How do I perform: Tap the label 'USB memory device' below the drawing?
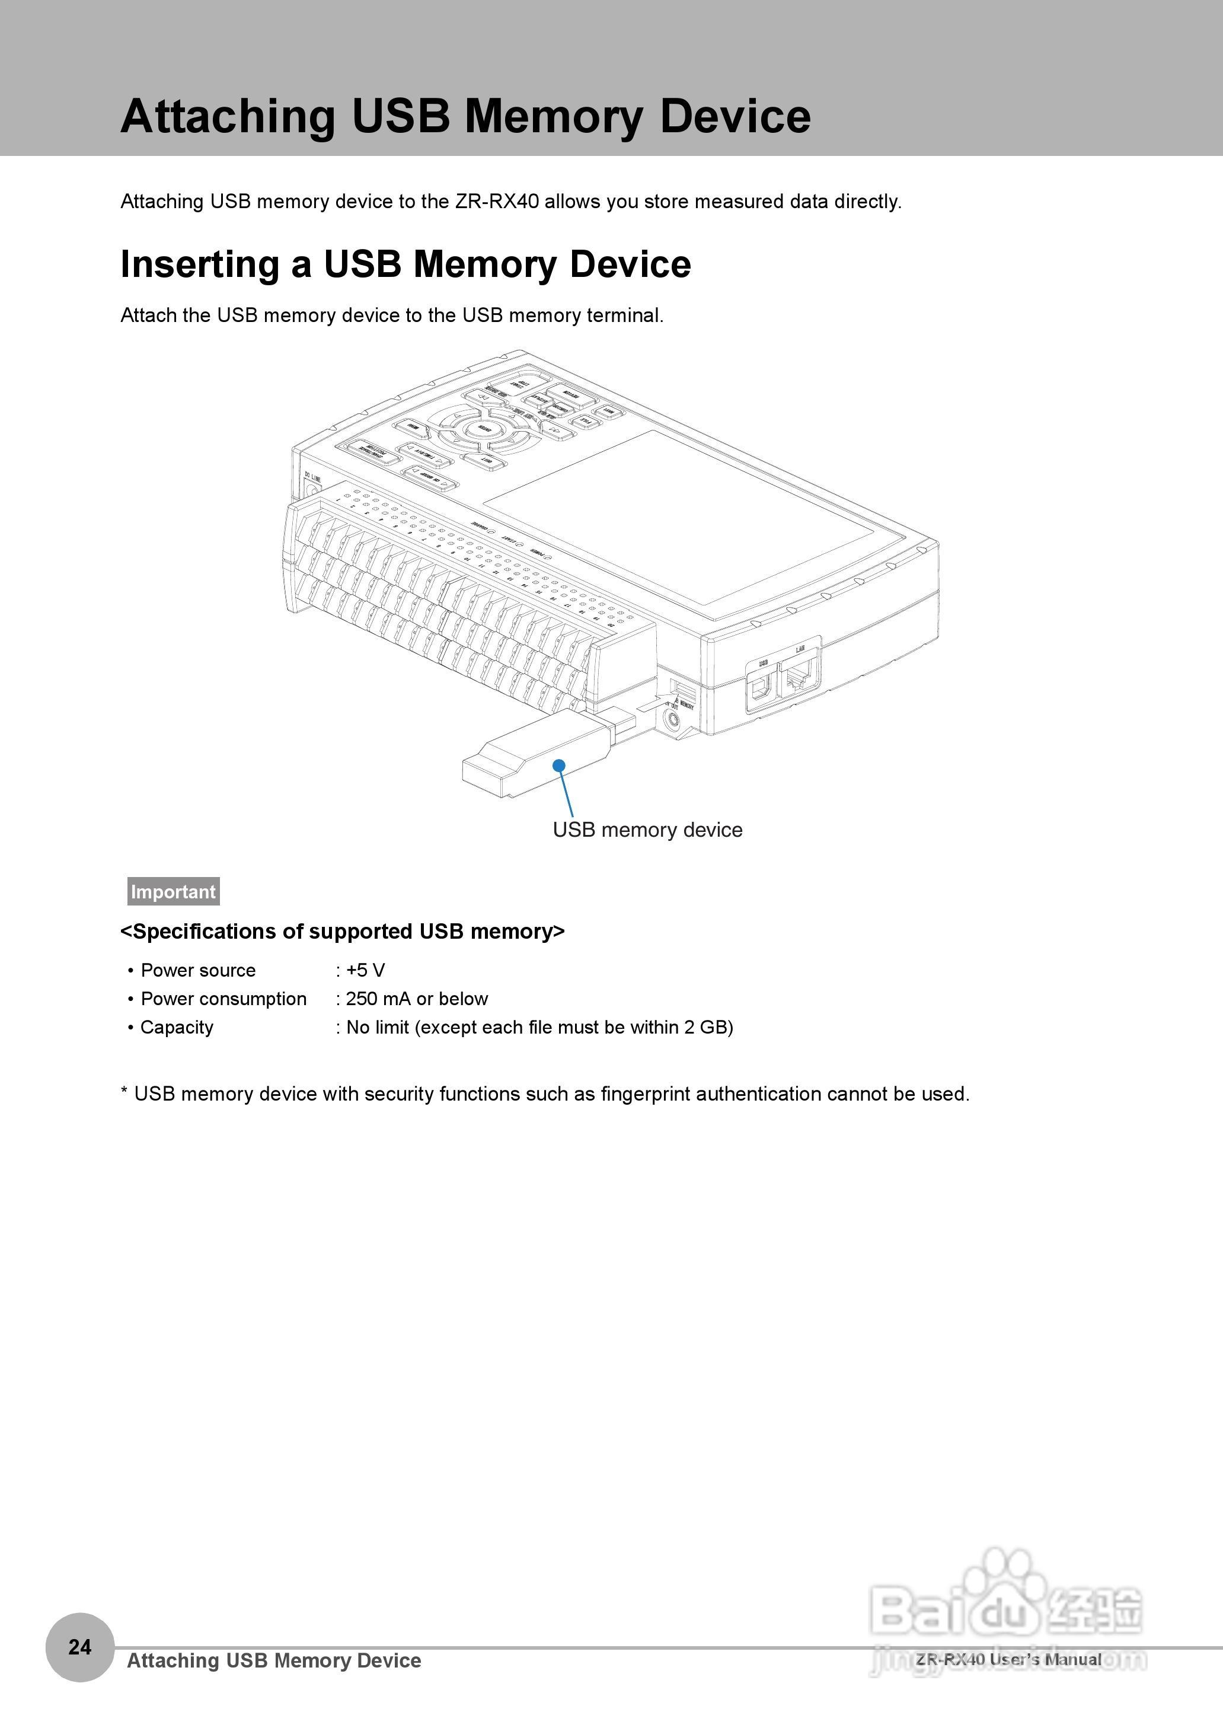coord(647,830)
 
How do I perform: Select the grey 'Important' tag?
coord(173,891)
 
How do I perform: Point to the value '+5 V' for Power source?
coord(365,970)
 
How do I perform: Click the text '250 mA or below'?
coord(416,999)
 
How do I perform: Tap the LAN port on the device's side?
coord(799,677)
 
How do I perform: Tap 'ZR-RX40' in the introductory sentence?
coord(496,202)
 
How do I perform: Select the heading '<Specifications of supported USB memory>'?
coord(343,932)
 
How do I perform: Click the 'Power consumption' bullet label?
coord(223,999)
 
